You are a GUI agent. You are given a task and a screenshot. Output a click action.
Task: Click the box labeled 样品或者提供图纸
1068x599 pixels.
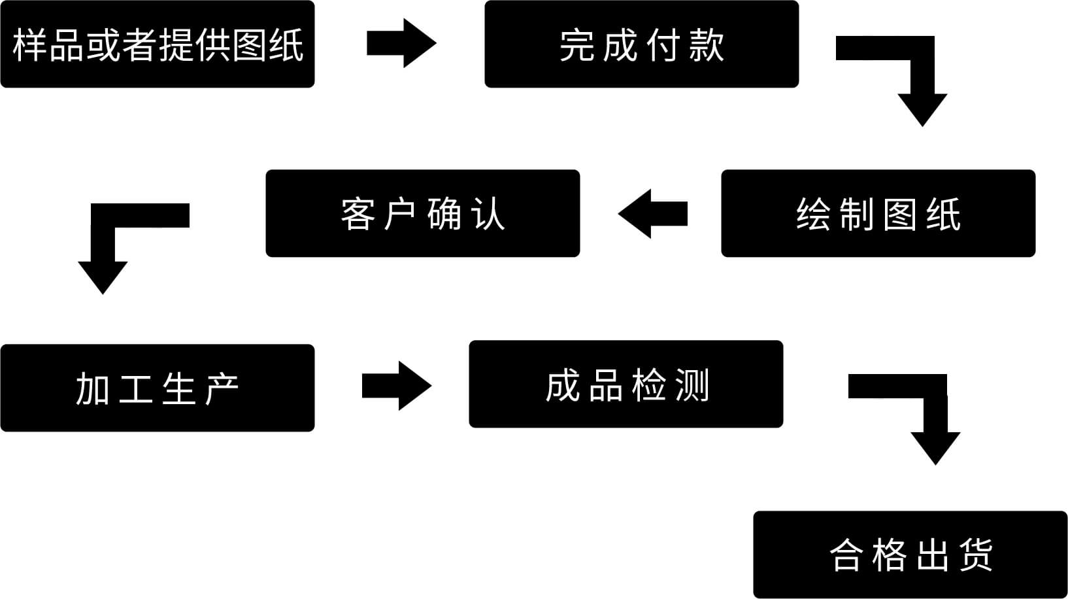tap(157, 44)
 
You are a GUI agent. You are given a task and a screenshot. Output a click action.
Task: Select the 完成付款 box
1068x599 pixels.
tap(641, 44)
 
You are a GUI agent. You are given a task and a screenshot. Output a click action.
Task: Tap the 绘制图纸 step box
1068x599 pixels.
tap(878, 213)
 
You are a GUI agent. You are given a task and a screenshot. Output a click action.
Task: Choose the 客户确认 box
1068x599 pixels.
tap(422, 213)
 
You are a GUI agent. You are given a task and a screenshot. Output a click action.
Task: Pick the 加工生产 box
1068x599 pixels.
tap(157, 388)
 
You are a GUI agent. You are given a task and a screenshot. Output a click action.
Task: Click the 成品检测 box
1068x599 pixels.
tap(626, 384)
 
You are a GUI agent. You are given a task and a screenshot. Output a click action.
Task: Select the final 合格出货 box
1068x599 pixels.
tap(910, 555)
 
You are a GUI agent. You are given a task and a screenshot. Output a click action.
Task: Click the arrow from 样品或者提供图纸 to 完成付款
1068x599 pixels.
tap(401, 43)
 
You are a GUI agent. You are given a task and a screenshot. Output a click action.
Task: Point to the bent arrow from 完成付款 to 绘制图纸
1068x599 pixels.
tap(922, 78)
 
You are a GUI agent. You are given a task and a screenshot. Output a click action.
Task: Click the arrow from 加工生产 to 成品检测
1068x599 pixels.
tap(396, 386)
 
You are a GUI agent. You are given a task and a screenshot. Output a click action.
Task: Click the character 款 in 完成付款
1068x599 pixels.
tap(707, 45)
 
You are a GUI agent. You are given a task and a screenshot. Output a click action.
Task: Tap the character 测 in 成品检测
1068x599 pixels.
tap(692, 385)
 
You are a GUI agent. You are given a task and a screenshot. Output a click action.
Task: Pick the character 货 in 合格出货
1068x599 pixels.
tap(976, 555)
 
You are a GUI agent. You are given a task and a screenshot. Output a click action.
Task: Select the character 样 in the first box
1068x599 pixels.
tap(29, 45)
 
